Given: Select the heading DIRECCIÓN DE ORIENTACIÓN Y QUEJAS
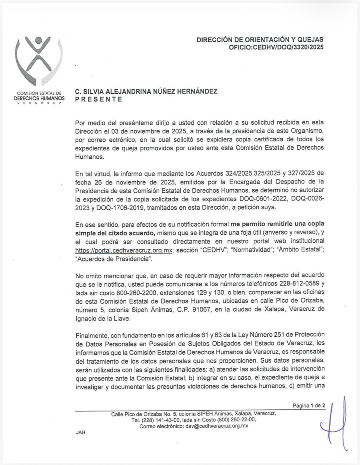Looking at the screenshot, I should pos(260,40).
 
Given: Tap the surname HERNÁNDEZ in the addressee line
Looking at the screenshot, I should pos(197,92).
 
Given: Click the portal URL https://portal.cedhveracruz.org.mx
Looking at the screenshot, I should pos(123,250).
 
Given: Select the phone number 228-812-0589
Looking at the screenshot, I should pos(302,283).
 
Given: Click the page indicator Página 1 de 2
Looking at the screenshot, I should pos(309,406).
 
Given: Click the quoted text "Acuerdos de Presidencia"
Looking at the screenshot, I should pos(113,259).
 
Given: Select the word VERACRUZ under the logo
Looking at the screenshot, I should pos(38,103).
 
